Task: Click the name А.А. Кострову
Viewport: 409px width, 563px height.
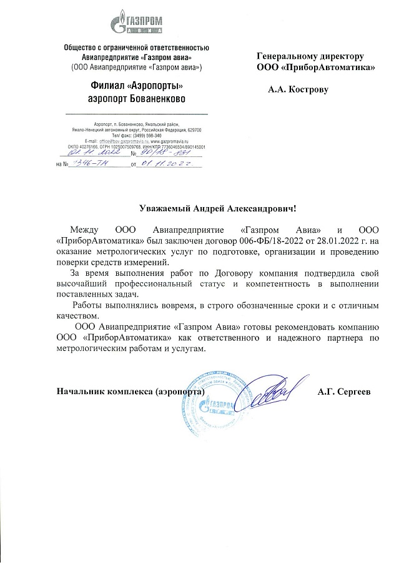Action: (298, 90)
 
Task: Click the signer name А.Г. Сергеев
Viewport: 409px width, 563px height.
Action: (343, 392)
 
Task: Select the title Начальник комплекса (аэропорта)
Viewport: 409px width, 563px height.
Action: (131, 392)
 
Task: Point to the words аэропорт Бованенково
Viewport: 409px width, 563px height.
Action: (136, 99)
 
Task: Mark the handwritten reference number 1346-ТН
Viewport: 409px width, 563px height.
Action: (91, 163)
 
